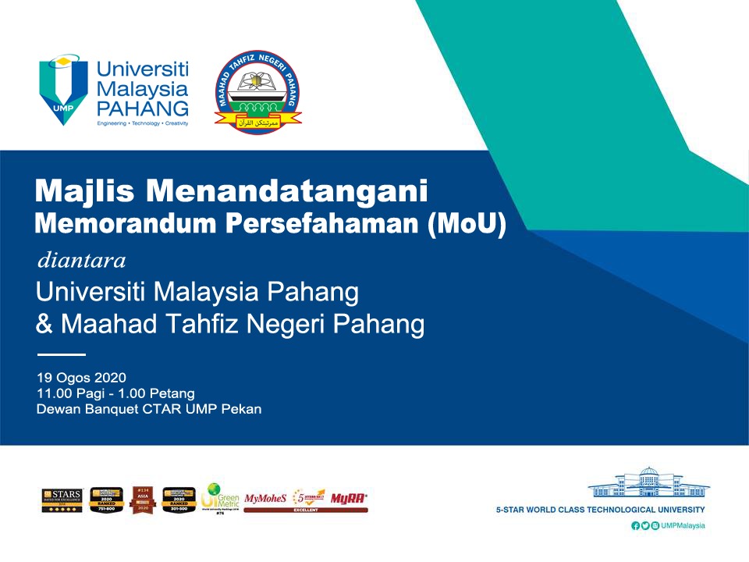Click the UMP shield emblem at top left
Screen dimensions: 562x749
pos(65,88)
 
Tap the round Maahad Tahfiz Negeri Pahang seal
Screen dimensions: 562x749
pos(257,90)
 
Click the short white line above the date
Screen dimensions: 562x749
pos(60,355)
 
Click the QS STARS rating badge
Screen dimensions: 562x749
pos(62,499)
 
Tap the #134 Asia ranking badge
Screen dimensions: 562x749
pos(142,499)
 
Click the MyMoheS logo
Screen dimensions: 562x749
pos(265,497)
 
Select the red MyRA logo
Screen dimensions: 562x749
pos(349,497)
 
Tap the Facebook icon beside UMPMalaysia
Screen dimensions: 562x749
pos(636,526)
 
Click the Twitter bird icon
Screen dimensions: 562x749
pos(645,526)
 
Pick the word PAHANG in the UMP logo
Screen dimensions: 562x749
pos(142,107)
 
